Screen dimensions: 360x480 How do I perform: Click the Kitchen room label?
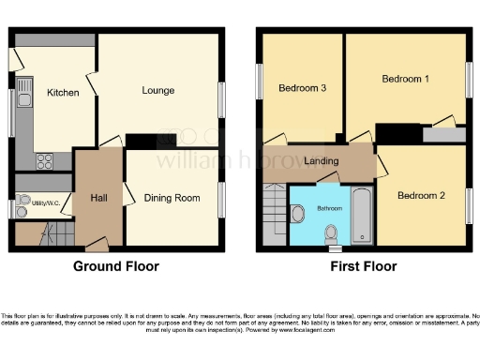tap(62, 93)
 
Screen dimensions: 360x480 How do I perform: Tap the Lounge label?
tap(158, 91)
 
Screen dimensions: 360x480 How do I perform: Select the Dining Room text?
tap(172, 198)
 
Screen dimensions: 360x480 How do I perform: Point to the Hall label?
tap(99, 198)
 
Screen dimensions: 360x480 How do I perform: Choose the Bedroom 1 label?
tap(405, 80)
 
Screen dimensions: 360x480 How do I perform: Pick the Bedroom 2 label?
tap(420, 196)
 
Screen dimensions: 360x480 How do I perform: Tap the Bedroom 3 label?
tap(303, 89)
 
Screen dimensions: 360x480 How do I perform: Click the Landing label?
tap(322, 161)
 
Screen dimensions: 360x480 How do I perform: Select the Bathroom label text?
tap(329, 208)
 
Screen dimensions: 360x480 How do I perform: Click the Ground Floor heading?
tap(116, 266)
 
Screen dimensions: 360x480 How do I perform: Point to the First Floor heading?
tap(364, 266)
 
